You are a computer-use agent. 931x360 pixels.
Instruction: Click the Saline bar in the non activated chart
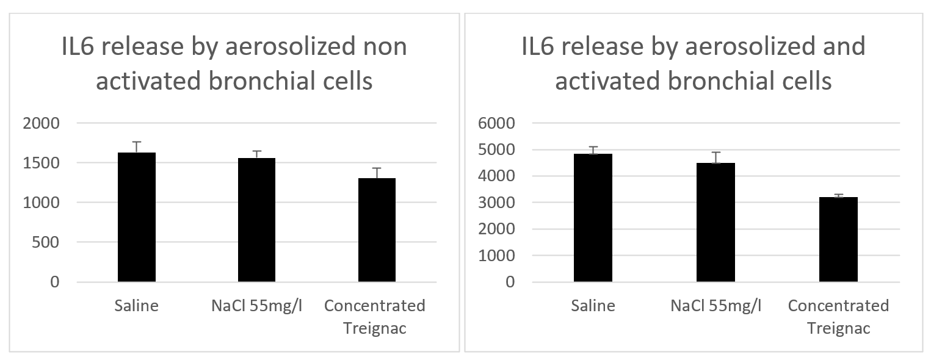137,217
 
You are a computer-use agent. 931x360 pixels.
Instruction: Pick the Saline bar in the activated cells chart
593,218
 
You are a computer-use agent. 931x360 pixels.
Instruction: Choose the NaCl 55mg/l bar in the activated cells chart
715,223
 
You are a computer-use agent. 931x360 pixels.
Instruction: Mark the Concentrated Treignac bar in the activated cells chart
838,240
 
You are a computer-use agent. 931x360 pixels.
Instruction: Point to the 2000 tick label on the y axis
42,123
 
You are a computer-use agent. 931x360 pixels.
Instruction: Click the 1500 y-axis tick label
42,163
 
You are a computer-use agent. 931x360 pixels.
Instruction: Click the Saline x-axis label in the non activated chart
137,306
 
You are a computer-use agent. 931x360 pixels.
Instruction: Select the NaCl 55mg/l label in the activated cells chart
715,306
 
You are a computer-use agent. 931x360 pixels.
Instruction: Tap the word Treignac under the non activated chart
375,328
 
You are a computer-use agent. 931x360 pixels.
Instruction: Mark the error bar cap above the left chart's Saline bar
137,142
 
